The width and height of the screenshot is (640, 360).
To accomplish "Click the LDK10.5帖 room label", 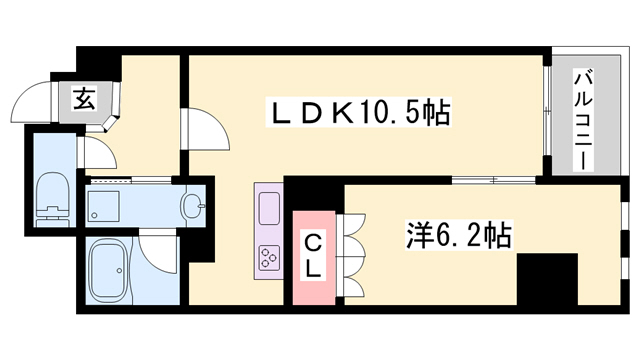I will click(x=358, y=112).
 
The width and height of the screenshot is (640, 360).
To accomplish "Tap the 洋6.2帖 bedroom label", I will click(x=461, y=236).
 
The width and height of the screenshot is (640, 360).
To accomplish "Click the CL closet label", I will click(x=313, y=254).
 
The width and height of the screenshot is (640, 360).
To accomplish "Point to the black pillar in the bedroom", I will click(x=548, y=279).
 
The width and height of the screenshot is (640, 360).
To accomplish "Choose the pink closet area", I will click(x=314, y=256).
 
